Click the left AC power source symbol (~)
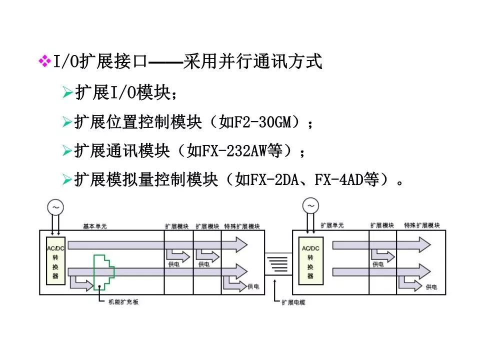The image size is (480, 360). tap(55, 206)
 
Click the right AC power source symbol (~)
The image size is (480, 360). tap(311, 206)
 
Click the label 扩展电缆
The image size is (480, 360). tap(293, 302)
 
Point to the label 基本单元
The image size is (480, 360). tap(95, 226)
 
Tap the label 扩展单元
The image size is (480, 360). tap(332, 225)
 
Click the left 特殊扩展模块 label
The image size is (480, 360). tap(242, 226)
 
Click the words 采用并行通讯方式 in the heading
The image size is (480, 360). tap(252, 62)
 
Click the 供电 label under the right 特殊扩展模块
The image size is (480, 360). tap(431, 287)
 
